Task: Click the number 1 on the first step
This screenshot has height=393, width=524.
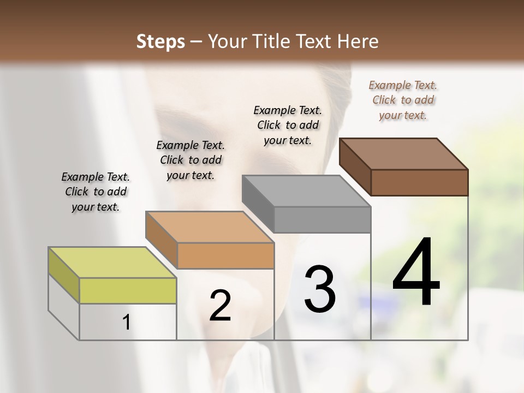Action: click(x=127, y=323)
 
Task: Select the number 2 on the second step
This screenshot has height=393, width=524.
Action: click(x=220, y=306)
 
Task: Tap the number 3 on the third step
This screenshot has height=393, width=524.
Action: click(x=320, y=289)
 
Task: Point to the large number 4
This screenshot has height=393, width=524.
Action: click(x=416, y=273)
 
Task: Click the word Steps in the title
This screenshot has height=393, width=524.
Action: click(x=160, y=41)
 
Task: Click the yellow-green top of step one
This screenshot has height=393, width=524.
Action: click(x=112, y=263)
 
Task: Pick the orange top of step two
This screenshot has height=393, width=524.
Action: click(x=210, y=227)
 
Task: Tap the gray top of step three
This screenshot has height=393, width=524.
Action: click(x=306, y=191)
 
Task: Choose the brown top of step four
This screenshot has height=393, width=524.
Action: click(x=403, y=154)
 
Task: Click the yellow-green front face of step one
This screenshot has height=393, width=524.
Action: click(x=128, y=290)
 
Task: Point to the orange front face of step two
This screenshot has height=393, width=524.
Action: click(x=225, y=255)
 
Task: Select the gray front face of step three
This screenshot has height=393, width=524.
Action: click(x=322, y=219)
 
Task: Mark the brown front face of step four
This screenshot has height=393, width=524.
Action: click(x=419, y=182)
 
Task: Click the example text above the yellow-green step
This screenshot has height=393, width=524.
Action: click(x=96, y=192)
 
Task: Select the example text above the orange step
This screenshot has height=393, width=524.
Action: click(x=190, y=160)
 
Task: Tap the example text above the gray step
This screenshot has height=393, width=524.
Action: click(x=288, y=125)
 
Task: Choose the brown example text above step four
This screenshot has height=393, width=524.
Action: click(x=403, y=100)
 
